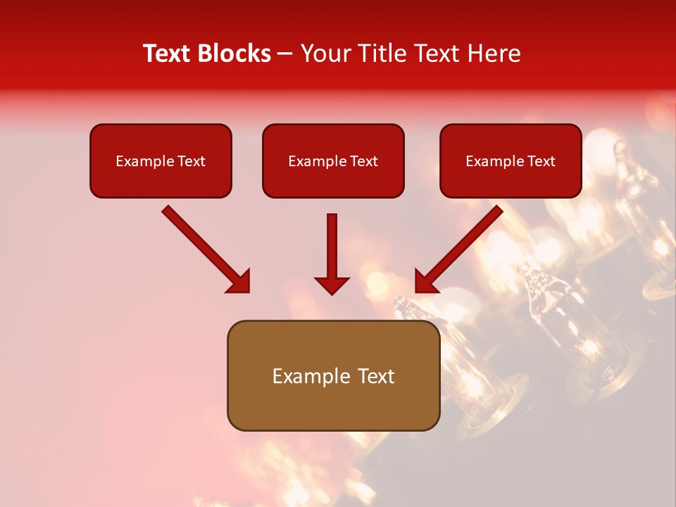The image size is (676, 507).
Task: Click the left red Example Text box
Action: tap(161, 161)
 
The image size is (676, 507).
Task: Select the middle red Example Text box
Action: tap(333, 161)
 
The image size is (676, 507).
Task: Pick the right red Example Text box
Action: tap(511, 161)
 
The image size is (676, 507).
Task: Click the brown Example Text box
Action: tap(333, 376)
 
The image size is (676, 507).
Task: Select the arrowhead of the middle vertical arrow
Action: tap(332, 284)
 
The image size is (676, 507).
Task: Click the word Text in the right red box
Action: tap(541, 161)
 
